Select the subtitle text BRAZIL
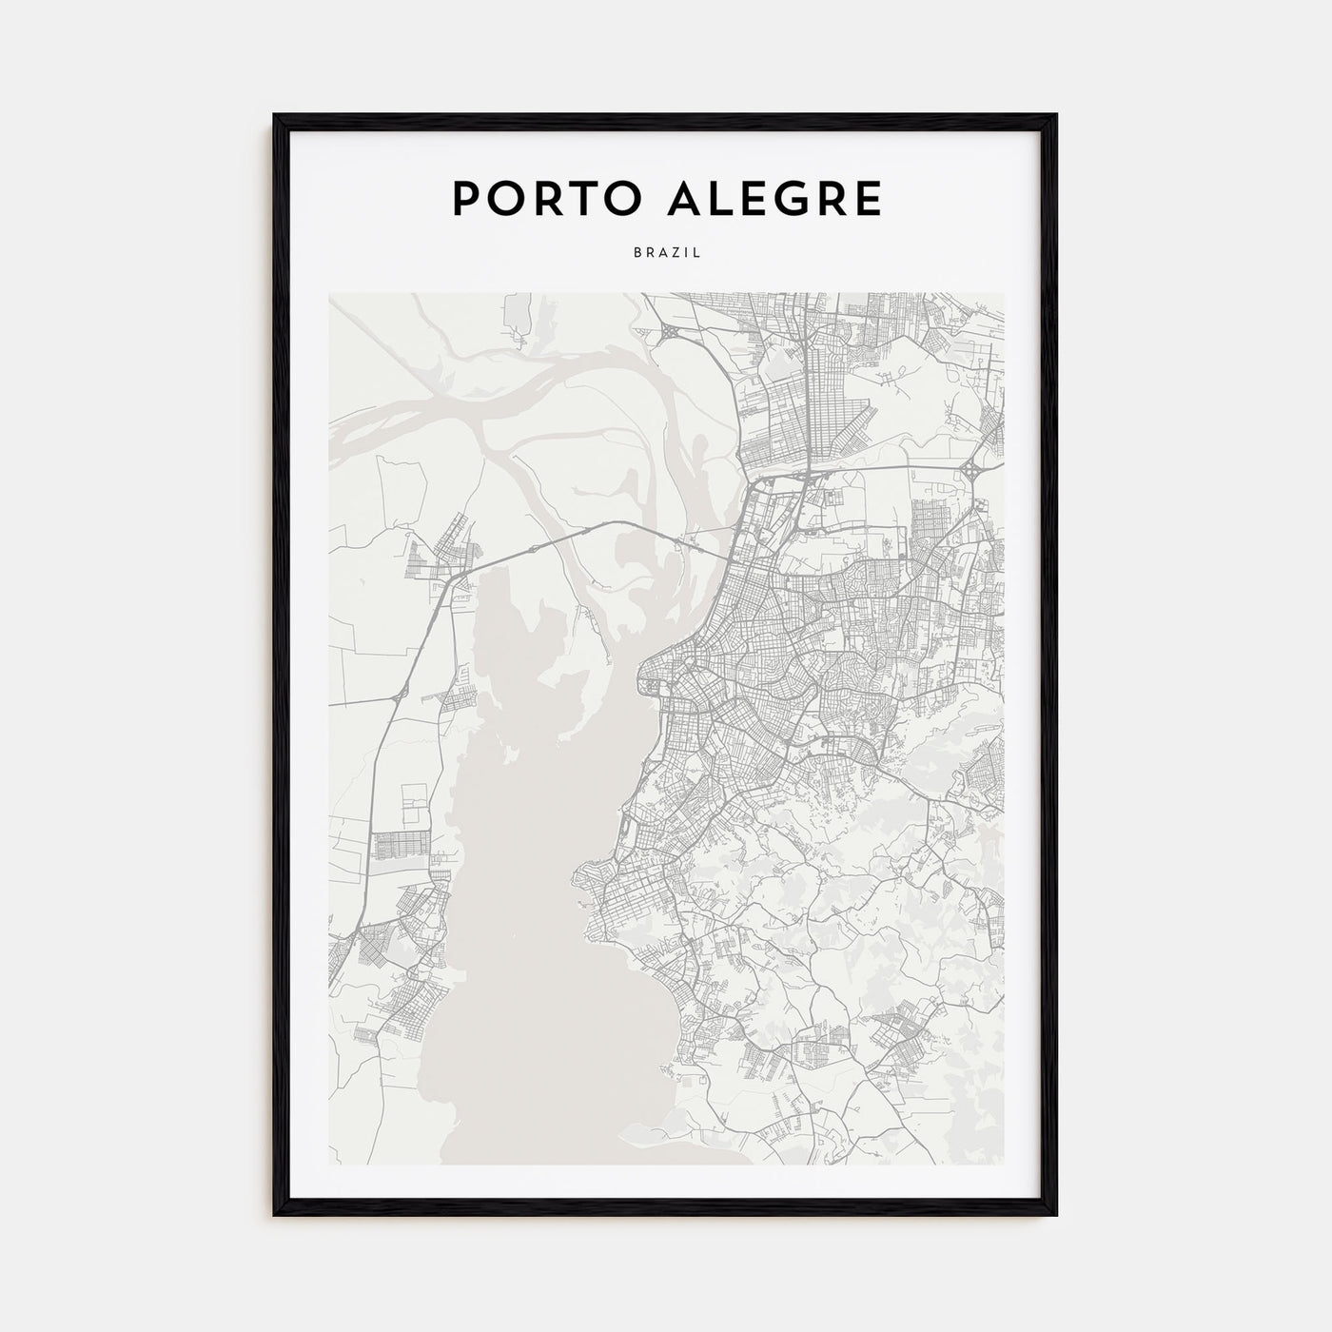666,254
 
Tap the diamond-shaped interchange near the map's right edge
976,470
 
